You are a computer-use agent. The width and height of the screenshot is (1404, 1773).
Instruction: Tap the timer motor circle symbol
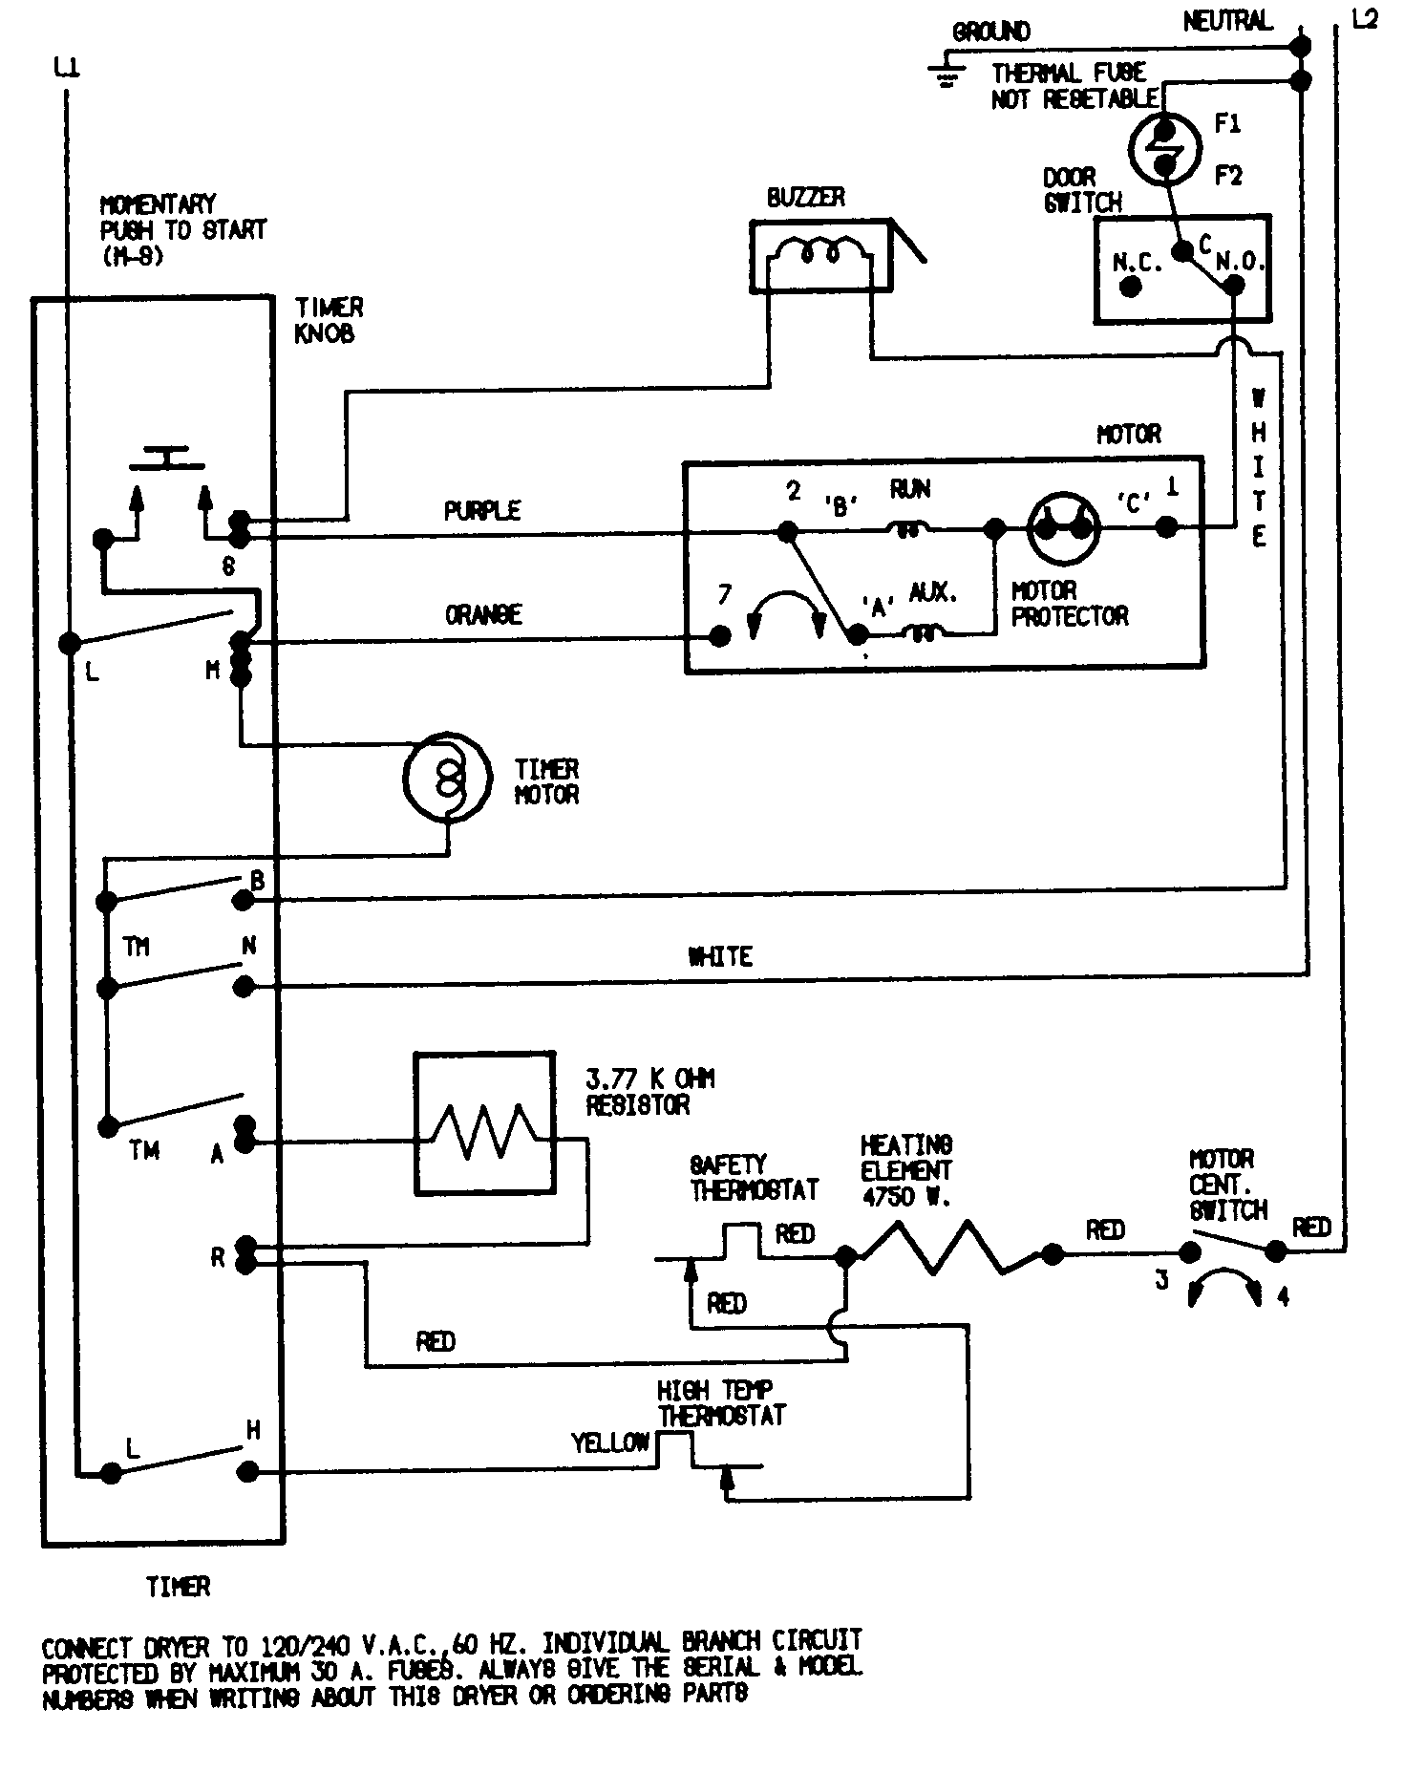click(447, 778)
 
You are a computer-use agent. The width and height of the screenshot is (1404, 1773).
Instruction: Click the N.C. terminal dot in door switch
click(1131, 287)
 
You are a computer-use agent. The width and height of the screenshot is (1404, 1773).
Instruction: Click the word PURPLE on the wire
click(482, 511)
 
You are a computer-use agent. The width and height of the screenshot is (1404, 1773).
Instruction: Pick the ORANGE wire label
click(483, 614)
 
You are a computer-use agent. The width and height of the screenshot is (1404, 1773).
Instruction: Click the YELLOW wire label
click(610, 1442)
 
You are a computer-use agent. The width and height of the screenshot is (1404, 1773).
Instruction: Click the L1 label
click(67, 68)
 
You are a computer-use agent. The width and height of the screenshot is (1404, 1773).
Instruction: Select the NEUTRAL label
click(1228, 21)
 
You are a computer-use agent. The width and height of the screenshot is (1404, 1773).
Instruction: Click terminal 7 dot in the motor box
click(721, 636)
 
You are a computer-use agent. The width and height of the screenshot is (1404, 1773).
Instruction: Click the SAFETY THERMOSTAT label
click(754, 1177)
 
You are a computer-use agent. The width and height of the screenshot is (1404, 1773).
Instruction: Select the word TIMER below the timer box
click(178, 1588)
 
